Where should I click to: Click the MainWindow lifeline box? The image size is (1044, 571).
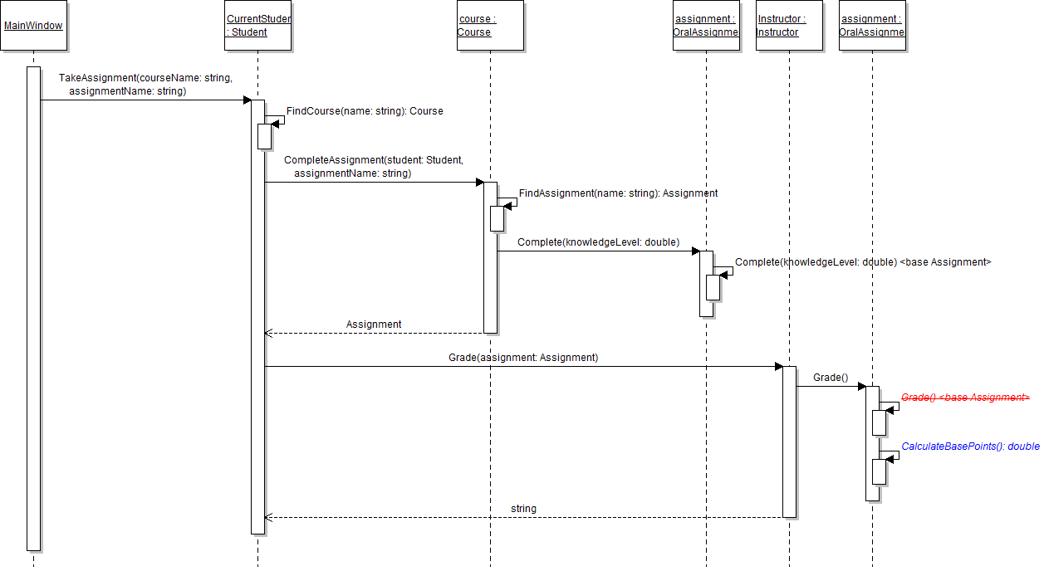33,26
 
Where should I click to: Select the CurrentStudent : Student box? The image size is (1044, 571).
258,26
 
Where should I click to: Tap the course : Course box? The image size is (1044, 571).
490,26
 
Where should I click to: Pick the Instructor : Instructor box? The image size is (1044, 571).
789,26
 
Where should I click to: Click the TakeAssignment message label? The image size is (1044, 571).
145,85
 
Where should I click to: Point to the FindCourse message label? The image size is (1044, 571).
365,111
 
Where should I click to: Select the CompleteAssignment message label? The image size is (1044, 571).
373,167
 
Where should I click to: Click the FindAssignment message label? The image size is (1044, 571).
618,193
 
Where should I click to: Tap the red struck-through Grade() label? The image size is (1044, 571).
965,398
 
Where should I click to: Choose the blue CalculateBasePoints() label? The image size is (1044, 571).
970,447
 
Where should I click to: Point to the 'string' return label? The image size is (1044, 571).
523,508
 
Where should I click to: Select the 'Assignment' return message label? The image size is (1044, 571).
374,325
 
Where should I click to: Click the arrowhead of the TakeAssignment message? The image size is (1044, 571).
247,100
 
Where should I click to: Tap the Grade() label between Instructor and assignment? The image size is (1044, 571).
831,378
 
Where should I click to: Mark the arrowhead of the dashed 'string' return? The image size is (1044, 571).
268,518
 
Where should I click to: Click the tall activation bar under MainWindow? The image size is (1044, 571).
33,308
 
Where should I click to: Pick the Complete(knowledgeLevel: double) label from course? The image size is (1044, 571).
598,242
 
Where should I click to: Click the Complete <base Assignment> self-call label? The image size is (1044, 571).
863,262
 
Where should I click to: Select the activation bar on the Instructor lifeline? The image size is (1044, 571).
789,441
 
